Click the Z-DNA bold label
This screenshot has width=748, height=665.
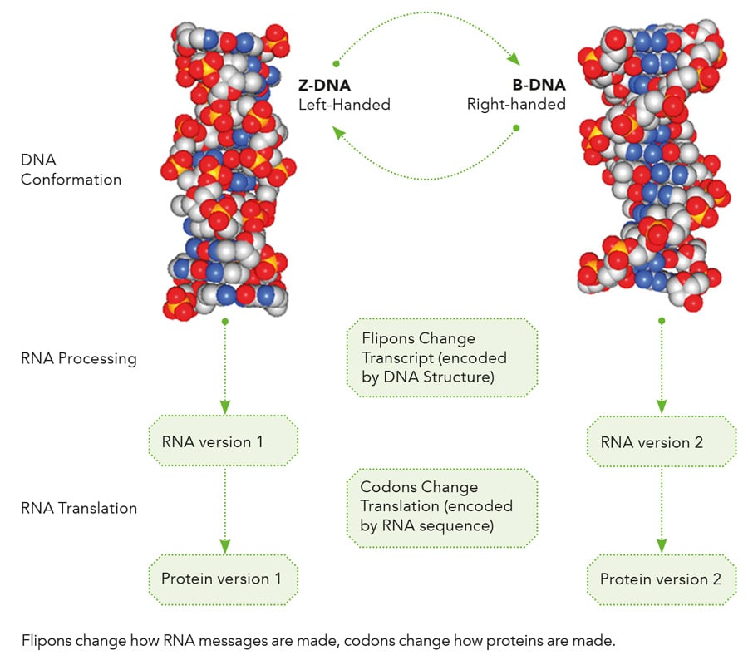coord(324,86)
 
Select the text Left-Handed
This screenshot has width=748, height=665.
coord(344,105)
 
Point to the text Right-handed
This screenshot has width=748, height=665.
coord(516,105)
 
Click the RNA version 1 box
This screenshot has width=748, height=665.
coord(223,441)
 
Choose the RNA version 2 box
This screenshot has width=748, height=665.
coord(662,441)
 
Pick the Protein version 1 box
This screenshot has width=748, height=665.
coord(223,579)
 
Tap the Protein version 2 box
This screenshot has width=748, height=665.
coord(662,579)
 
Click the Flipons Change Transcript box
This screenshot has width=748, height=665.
coord(441,357)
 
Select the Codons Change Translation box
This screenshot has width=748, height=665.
coord(441,506)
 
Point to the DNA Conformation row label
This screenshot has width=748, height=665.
coord(71,169)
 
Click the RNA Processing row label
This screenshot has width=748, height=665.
coord(79,359)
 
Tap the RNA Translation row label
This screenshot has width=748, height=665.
coord(79,508)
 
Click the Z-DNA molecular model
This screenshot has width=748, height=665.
coord(227,170)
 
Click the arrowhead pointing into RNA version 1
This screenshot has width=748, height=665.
coord(224,407)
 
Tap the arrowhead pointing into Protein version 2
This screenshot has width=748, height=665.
coord(662,545)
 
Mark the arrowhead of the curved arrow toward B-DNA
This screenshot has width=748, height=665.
coord(514,60)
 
